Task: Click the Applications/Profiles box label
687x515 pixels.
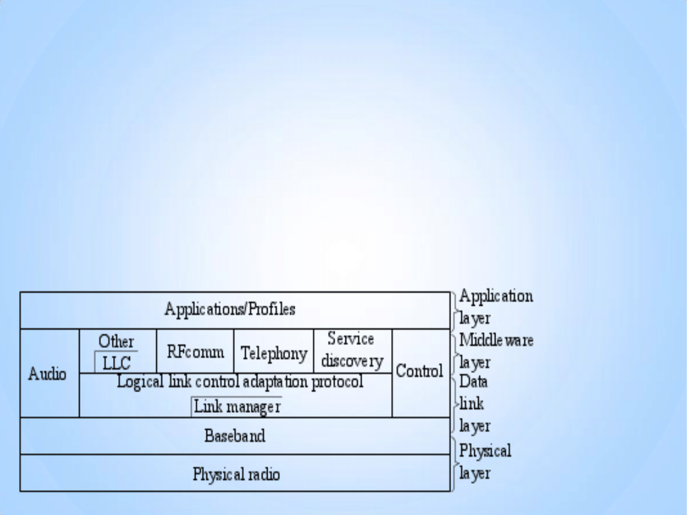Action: [x=230, y=309]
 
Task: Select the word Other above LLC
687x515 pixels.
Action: [x=116, y=341]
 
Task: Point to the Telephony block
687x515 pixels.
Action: [x=273, y=353]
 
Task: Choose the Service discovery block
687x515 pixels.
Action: [x=352, y=351]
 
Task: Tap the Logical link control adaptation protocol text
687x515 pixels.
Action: [x=240, y=382]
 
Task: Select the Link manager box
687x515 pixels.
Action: [x=237, y=407]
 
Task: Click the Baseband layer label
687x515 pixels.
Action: [x=235, y=436]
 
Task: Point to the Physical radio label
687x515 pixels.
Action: [x=236, y=475]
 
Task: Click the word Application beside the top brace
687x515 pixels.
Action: [x=495, y=296]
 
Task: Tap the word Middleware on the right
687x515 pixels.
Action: [x=496, y=340]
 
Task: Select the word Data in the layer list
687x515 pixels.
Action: [x=473, y=382]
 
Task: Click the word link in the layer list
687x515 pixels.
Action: [x=471, y=404]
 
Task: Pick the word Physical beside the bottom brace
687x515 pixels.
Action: [x=485, y=450]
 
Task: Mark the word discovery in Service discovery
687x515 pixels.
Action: [x=352, y=362]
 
